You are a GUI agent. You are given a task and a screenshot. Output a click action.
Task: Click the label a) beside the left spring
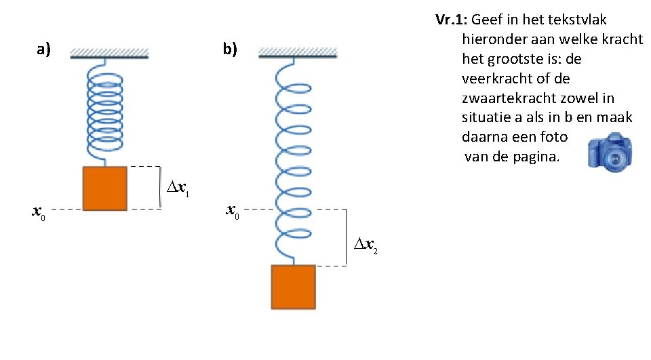[44, 49]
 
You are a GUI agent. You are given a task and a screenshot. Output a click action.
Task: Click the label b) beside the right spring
[230, 49]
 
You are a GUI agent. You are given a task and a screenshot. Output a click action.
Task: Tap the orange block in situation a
[104, 188]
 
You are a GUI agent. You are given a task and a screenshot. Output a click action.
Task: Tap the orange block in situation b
[293, 287]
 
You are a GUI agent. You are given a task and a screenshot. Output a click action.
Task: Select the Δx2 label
[366, 247]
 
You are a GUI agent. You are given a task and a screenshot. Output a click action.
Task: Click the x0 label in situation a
[39, 212]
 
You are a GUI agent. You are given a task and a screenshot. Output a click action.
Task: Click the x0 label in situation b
[232, 212]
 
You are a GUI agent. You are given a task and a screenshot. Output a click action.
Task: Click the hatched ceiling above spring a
[109, 53]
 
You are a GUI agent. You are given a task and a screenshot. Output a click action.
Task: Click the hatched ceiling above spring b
[298, 52]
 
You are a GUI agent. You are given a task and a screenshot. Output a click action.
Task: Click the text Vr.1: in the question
[450, 20]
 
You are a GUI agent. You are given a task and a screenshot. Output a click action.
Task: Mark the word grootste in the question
[514, 59]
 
